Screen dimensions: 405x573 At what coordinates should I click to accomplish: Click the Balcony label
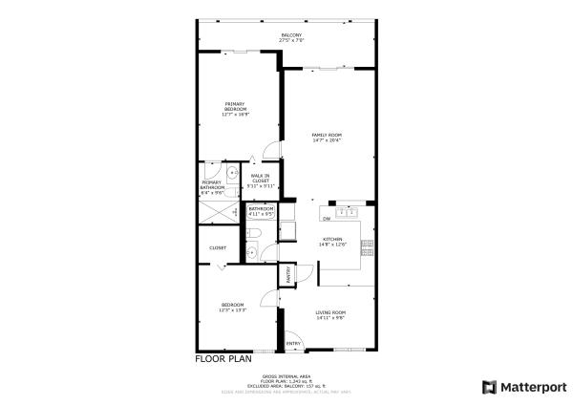coord(291,37)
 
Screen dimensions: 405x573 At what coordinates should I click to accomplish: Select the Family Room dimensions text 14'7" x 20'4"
coord(327,140)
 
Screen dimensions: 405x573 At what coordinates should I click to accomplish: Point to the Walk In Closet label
coord(260,179)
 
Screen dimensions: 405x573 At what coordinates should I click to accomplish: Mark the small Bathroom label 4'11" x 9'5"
coord(261,211)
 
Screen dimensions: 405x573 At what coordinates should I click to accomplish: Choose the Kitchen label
coord(332,240)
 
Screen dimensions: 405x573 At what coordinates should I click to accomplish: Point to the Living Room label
coord(330,313)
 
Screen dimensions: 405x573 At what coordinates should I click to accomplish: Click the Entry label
coord(293,344)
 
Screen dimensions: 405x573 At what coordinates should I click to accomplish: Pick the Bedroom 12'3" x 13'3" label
coord(234,308)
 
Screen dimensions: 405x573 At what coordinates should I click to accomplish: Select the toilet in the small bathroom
coord(249,251)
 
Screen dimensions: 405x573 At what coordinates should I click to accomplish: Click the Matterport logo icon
coord(489,387)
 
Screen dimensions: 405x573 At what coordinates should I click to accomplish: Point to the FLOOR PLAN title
coord(223,359)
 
